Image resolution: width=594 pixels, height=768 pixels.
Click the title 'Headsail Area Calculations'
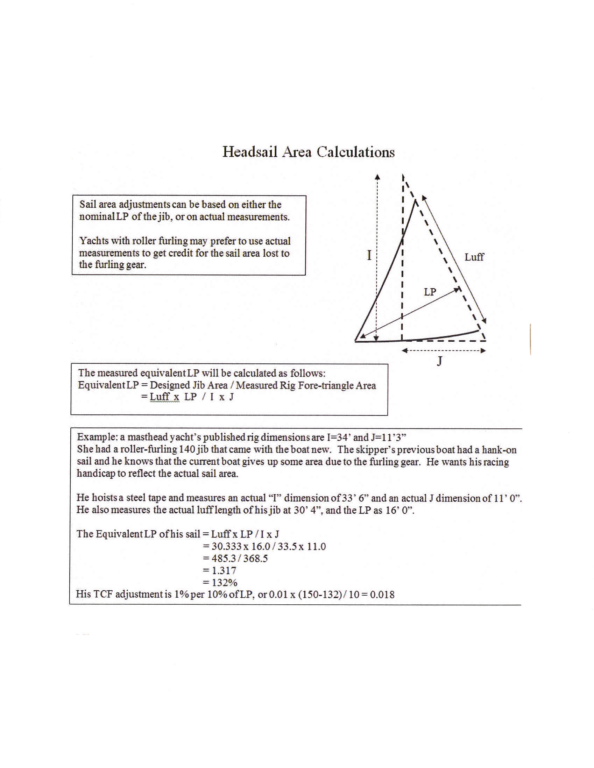309,152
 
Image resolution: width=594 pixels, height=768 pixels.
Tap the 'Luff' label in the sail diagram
474,257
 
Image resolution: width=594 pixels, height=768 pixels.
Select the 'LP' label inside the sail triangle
430,292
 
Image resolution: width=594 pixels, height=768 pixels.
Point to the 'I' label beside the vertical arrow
369,255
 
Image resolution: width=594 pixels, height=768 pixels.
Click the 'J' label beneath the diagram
439,361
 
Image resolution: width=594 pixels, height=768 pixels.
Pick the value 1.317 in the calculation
224,570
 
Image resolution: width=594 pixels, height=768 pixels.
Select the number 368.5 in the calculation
255,558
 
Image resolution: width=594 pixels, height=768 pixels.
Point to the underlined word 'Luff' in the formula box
160,397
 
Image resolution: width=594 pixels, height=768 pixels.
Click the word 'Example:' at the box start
97,437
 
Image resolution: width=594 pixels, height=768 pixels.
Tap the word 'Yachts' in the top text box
92,241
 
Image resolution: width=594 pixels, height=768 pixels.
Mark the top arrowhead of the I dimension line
377,177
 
